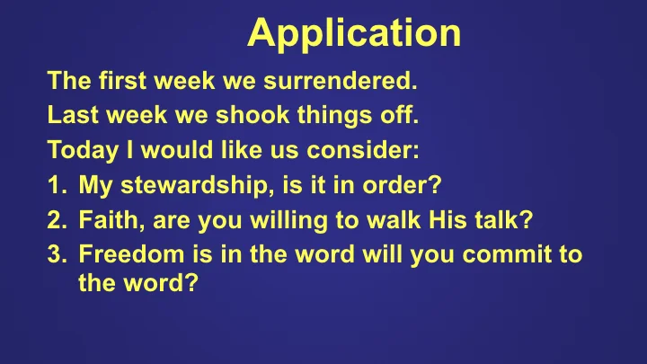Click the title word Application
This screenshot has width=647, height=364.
point(354,34)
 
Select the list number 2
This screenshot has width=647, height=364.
point(55,221)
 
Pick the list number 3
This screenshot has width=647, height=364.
point(55,254)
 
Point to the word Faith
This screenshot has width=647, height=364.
point(107,221)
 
